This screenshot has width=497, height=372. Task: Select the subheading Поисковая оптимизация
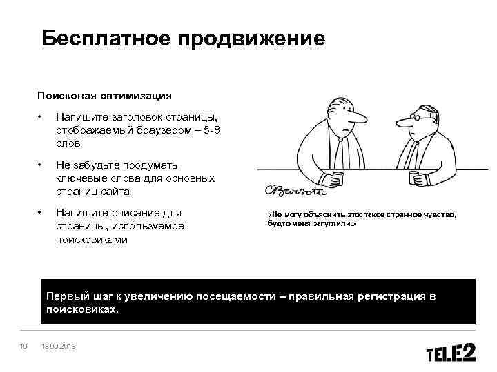tap(104, 95)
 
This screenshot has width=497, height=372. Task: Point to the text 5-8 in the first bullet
tap(210, 131)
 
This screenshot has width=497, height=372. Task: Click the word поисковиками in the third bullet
tap(92, 240)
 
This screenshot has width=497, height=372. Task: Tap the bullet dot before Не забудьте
tap(41, 165)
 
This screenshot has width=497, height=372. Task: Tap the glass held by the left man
tap(337, 178)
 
